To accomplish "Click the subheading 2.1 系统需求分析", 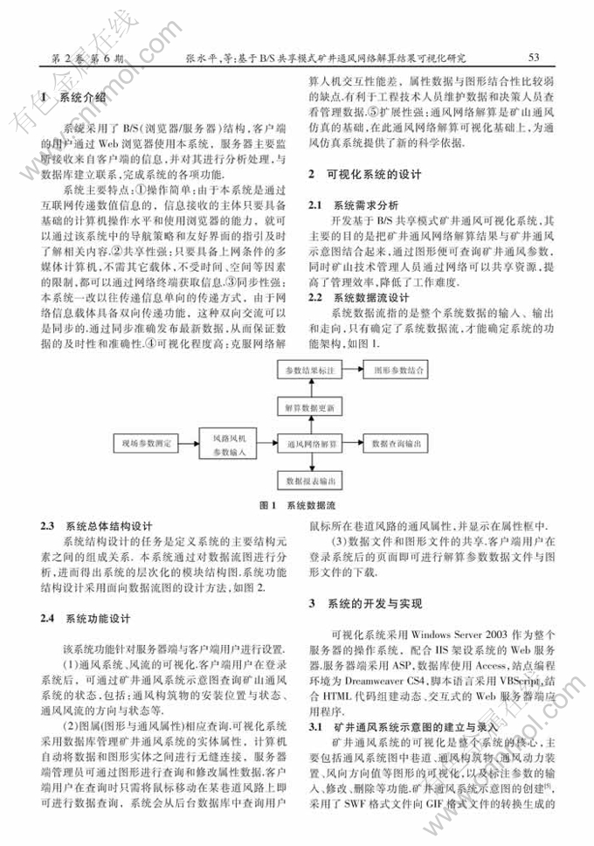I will (354, 205).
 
